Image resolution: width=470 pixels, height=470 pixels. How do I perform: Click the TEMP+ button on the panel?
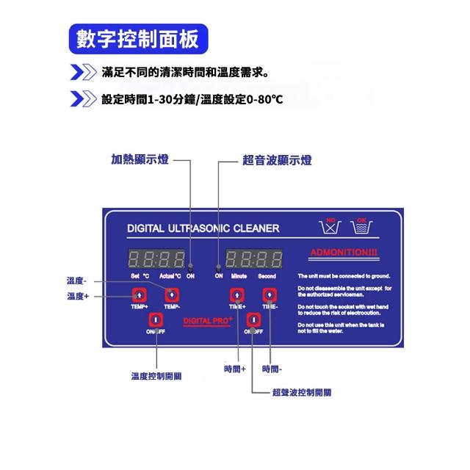coord(137,294)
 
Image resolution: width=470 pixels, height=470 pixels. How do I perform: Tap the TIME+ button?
coord(236,294)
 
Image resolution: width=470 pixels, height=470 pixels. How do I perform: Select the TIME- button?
coord(269,294)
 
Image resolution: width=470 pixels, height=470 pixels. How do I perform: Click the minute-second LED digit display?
coord(254,259)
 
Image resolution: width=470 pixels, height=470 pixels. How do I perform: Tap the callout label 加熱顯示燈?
coord(140,159)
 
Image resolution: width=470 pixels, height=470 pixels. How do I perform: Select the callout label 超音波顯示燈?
coord(277,159)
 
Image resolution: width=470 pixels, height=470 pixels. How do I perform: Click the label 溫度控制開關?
coord(156,376)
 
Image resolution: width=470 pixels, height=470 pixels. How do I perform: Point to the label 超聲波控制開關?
coord(301,393)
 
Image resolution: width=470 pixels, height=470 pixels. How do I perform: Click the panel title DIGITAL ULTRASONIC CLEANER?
coord(203,228)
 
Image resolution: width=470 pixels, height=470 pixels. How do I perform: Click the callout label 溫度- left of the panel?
coord(76,281)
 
